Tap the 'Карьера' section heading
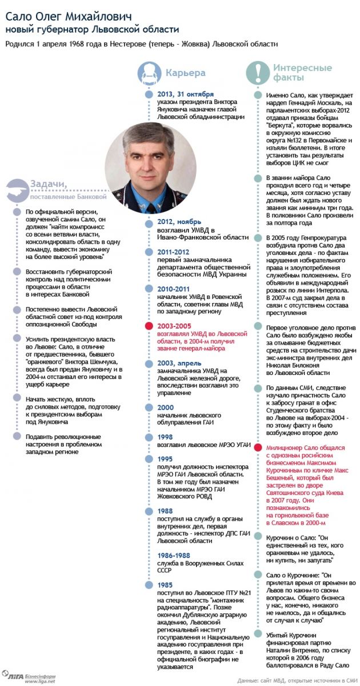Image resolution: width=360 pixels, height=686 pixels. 185,73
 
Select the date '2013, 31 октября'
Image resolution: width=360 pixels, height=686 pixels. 186,94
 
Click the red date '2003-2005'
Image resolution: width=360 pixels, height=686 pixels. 174,325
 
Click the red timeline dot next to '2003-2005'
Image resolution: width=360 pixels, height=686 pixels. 147,325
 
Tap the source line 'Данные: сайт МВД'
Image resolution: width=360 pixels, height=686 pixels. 297,680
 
